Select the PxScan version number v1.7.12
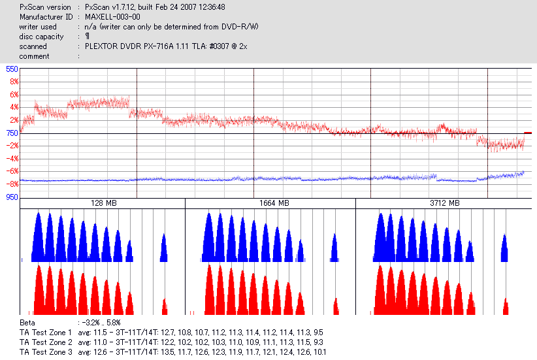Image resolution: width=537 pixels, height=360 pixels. (129, 7)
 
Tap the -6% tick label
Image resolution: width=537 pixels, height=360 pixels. (11, 171)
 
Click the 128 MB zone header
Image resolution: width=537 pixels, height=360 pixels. (103, 204)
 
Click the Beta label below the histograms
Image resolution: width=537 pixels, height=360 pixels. (28, 323)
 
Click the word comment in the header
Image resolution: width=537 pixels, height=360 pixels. (34, 56)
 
